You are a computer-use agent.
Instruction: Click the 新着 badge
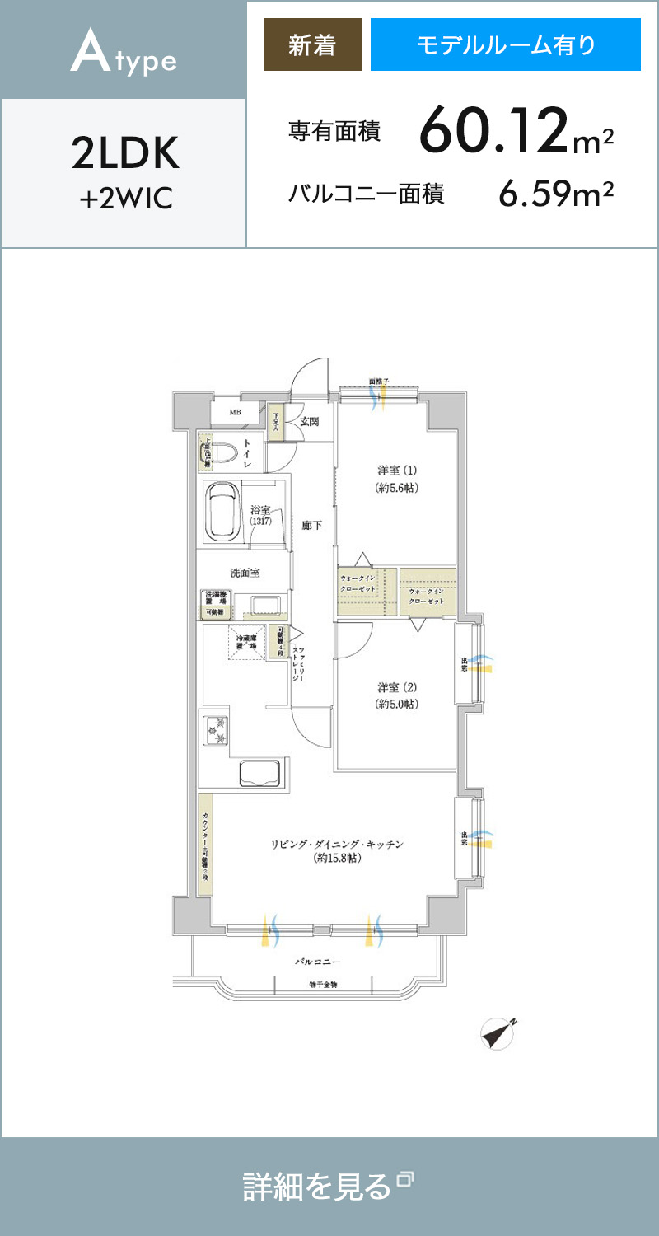pyautogui.click(x=312, y=45)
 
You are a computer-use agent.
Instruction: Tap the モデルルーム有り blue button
pyautogui.click(x=505, y=45)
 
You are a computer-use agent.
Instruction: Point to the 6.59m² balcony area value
pyautogui.click(x=556, y=194)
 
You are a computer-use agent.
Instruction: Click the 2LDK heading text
pyautogui.click(x=124, y=153)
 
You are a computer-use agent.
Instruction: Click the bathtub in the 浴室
pyautogui.click(x=222, y=512)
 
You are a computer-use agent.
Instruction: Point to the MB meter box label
pyautogui.click(x=235, y=412)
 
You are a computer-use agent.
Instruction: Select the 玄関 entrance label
pyautogui.click(x=310, y=422)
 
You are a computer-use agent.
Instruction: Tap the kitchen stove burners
pyautogui.click(x=217, y=729)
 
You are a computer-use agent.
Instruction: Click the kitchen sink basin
pyautogui.click(x=260, y=773)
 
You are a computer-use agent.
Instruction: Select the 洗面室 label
pyautogui.click(x=245, y=573)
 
